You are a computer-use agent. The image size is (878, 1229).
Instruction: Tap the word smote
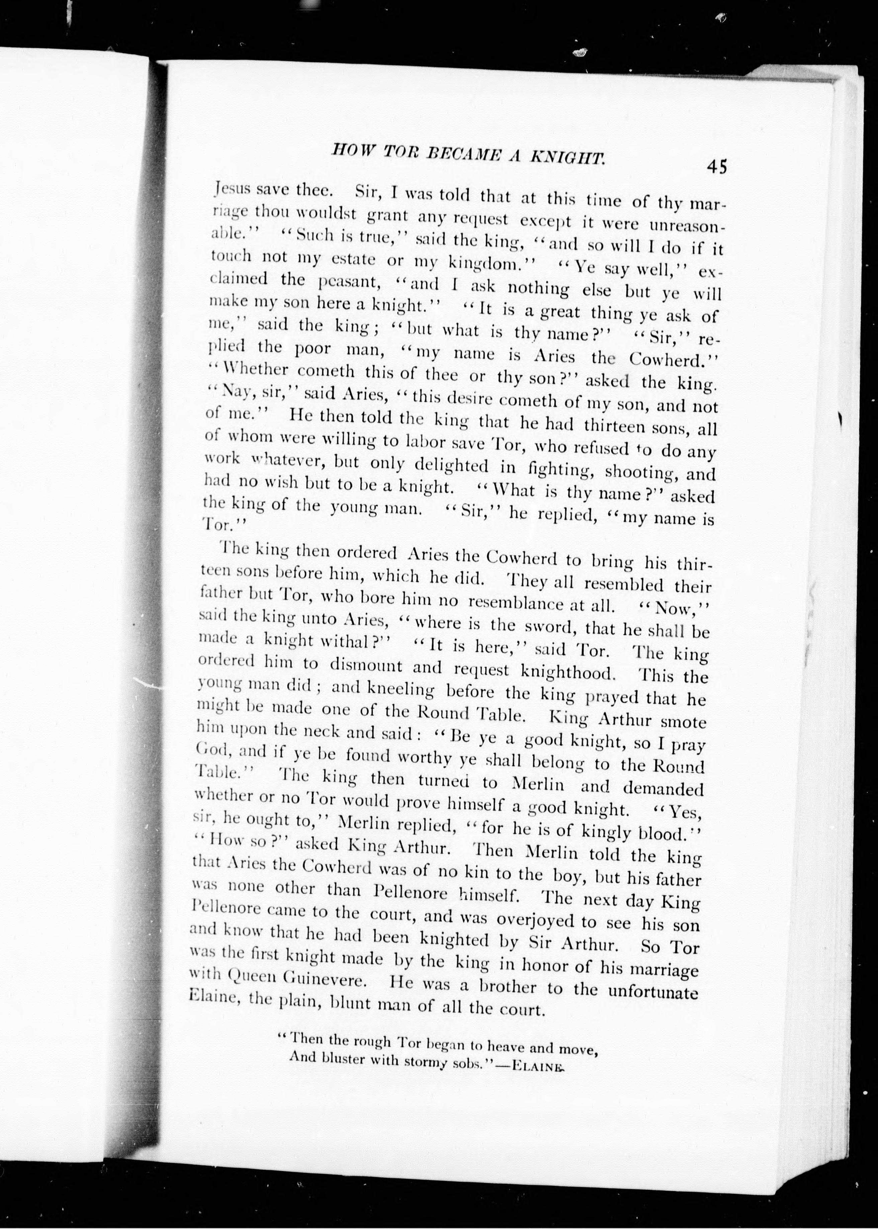(x=684, y=721)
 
